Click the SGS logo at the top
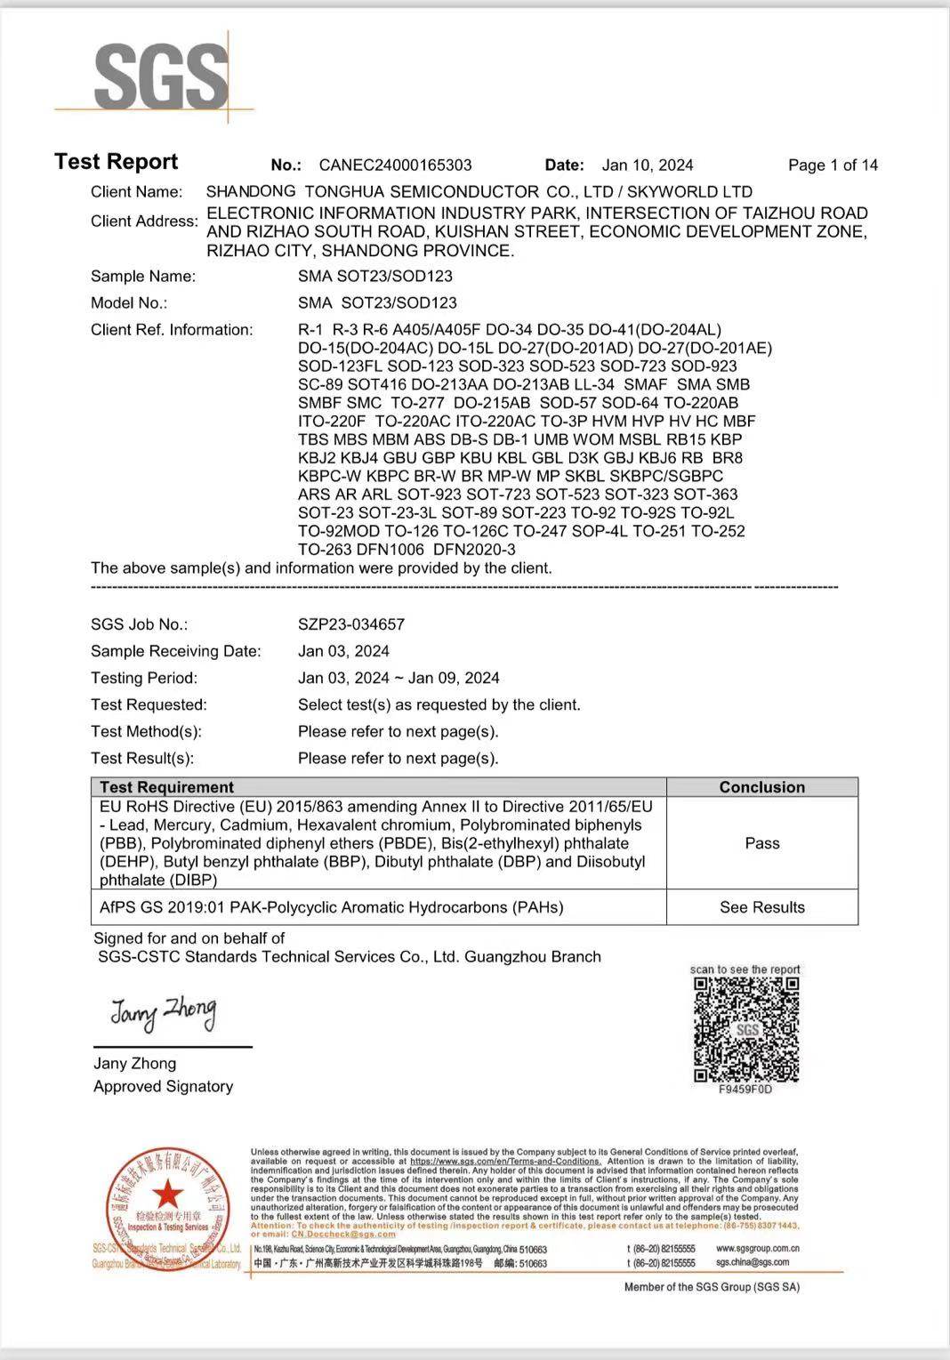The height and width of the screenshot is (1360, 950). (160, 77)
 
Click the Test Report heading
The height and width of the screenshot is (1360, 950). (116, 162)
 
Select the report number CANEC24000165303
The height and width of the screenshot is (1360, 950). (395, 165)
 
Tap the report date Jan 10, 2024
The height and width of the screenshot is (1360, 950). (647, 165)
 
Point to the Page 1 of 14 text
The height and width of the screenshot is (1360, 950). (833, 165)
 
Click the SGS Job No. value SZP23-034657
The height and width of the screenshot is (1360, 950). (351, 624)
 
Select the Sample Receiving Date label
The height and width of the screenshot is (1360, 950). (176, 651)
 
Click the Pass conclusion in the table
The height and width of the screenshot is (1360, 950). (761, 843)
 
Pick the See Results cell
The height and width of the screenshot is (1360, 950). (761, 907)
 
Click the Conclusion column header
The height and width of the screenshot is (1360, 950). (761, 787)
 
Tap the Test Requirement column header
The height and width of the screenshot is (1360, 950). (166, 787)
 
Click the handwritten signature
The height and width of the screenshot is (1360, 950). (163, 1013)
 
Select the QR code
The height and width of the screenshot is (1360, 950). (746, 1029)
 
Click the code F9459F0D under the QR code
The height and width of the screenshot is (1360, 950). (745, 1090)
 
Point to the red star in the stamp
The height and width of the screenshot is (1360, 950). (166, 1195)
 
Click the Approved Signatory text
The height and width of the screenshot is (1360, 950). (163, 1086)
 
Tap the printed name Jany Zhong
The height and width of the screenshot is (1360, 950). (134, 1063)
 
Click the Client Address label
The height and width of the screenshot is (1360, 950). (144, 221)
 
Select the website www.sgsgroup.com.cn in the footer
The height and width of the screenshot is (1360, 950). (757, 1249)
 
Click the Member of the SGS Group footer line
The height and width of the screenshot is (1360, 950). (712, 1287)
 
